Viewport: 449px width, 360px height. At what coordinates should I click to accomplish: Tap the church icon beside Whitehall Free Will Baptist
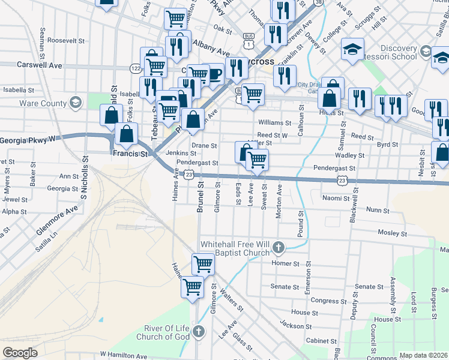(278, 247)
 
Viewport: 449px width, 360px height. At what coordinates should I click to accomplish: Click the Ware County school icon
(76, 103)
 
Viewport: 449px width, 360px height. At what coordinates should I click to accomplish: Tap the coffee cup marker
(214, 74)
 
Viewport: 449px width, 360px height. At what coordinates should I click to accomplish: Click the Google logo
(20, 352)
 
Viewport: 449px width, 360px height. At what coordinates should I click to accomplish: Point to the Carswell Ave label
(40, 64)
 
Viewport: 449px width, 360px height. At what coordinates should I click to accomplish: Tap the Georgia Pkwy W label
(27, 139)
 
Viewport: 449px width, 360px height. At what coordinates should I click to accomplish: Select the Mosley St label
(393, 233)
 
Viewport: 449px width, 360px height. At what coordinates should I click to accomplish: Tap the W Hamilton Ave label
(124, 356)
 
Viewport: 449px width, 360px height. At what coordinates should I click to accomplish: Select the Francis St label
(130, 154)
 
